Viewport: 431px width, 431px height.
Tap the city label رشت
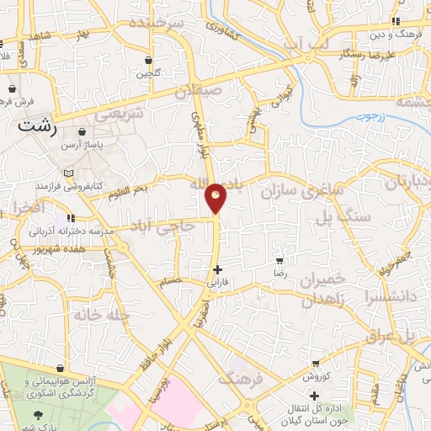pos(38,126)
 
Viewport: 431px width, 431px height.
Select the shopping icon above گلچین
pos(149,61)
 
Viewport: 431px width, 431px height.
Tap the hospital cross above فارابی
pos(218,270)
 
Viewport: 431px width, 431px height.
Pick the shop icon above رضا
pos(279,261)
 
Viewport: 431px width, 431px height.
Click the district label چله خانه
pos(99,315)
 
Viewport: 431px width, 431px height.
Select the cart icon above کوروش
pos(315,364)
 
